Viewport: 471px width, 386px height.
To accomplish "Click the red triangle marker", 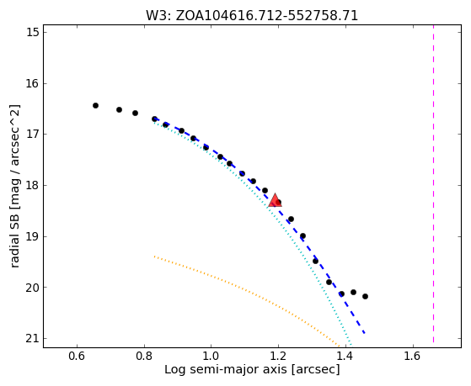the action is (275, 201).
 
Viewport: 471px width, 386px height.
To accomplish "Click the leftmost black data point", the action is (95, 106).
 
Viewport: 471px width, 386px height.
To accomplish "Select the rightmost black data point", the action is (365, 296).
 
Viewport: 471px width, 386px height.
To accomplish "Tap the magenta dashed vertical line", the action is (433, 184).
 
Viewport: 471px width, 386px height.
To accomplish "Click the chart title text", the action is (252, 15).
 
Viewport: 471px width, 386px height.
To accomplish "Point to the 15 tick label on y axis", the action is (33, 33).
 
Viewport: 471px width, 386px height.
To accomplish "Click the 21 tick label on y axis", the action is (33, 339).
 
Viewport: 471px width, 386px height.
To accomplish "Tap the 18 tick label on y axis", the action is (33, 185).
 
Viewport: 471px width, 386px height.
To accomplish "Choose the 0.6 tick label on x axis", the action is (77, 356).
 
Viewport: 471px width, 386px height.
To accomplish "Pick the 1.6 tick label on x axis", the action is (413, 356).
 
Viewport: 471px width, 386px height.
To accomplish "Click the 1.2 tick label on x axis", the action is (278, 356).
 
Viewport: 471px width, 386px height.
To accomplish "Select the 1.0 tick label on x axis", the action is (211, 356).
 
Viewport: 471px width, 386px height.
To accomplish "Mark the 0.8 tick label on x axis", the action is (144, 356).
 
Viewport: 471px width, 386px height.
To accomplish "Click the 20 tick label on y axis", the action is (33, 288).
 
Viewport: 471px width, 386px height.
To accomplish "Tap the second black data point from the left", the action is (119, 110).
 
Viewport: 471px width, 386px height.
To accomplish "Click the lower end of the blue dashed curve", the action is (364, 333).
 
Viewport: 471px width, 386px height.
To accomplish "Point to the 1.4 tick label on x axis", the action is (345, 356).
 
